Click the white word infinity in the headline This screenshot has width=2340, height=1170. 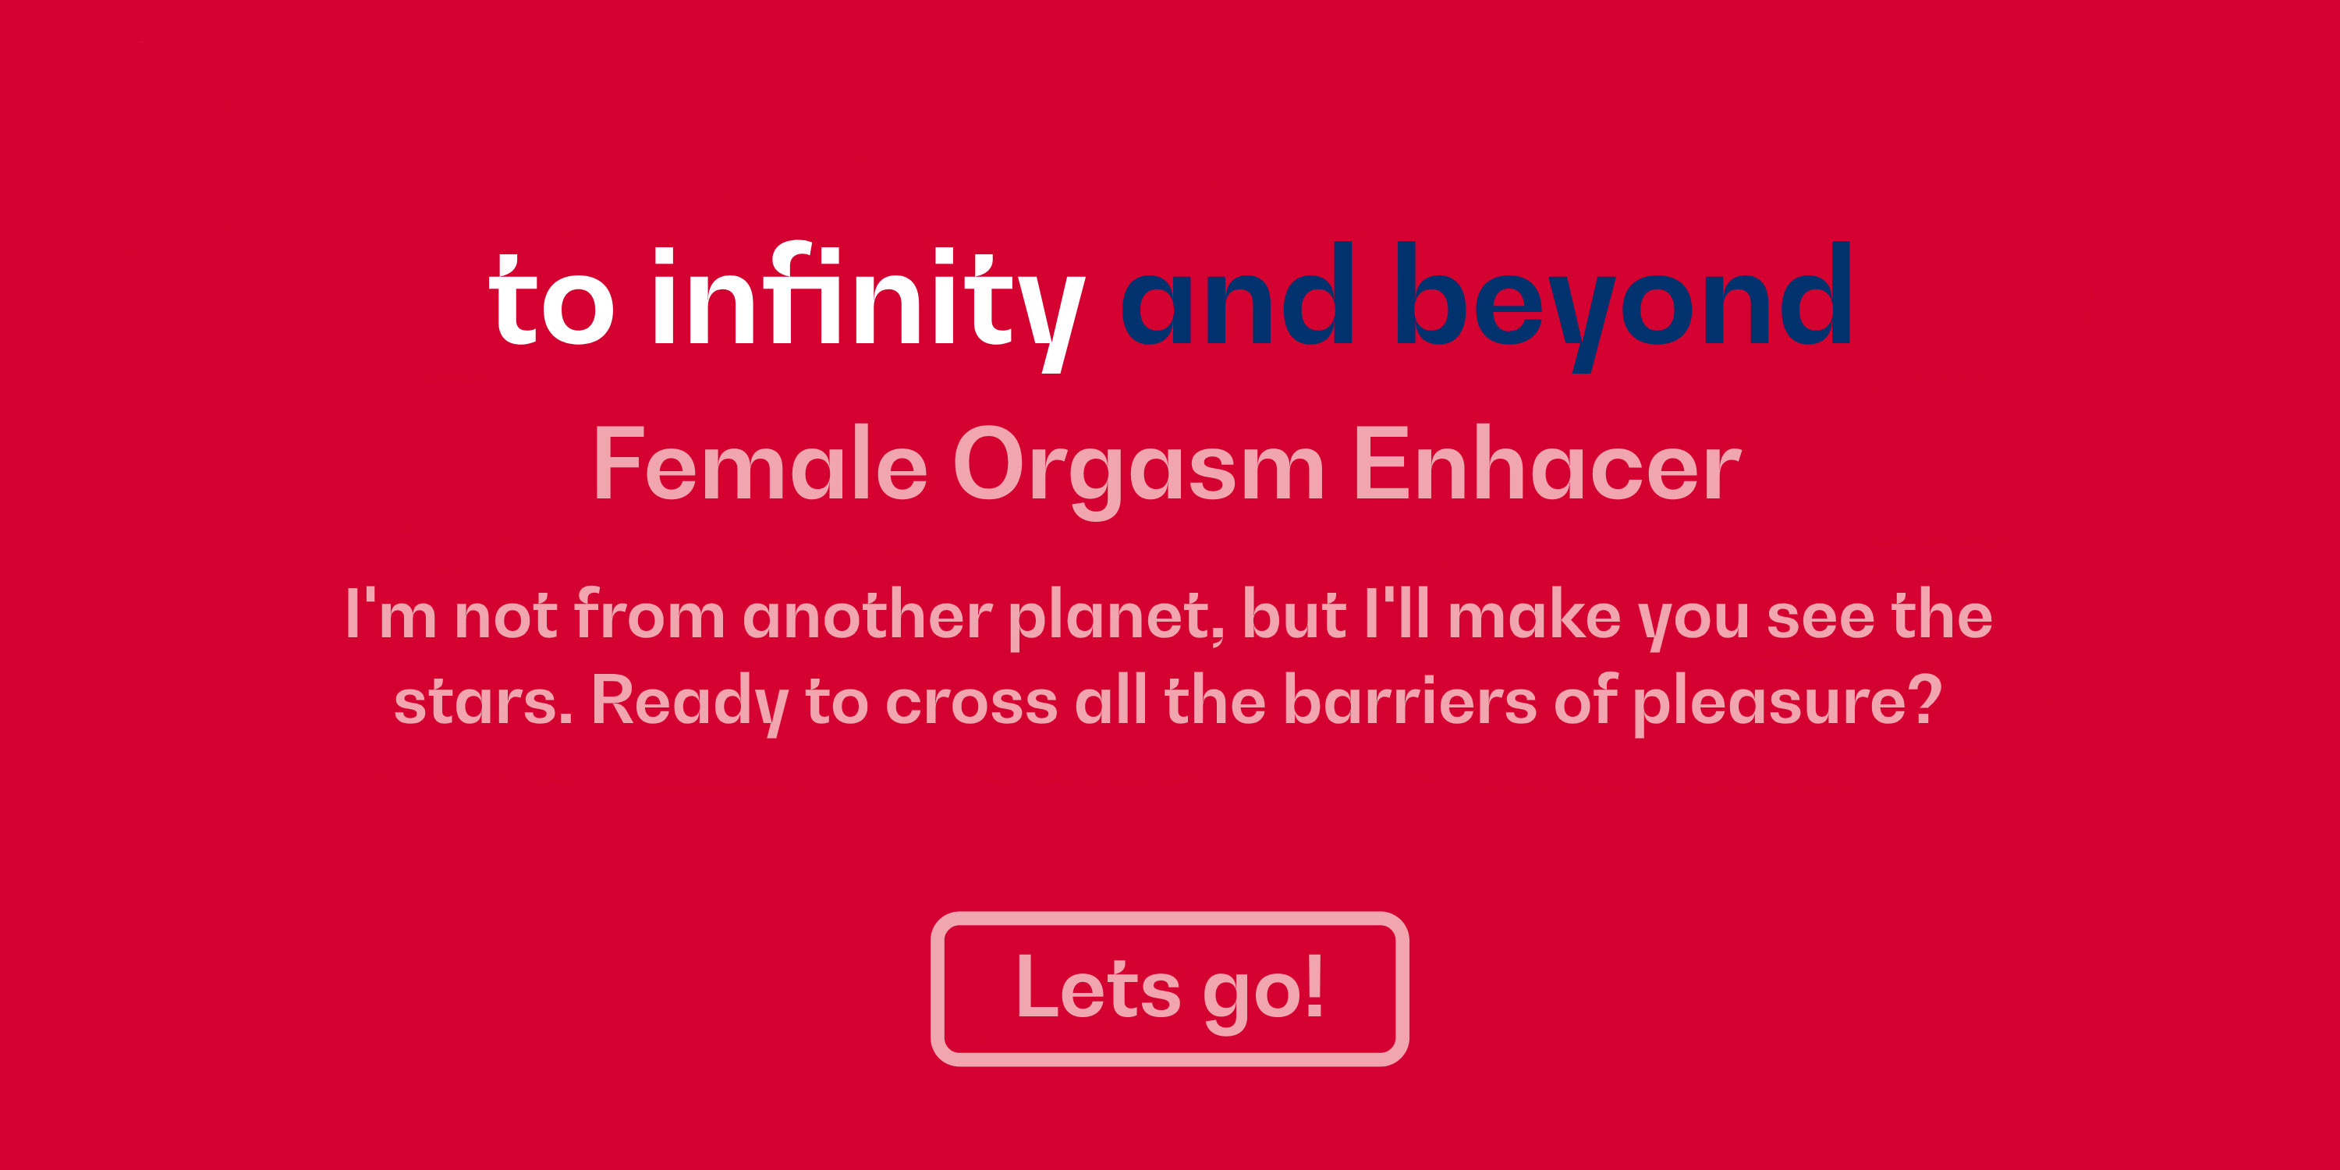867,304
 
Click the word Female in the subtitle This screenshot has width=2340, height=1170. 760,463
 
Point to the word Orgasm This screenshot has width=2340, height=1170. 1138,470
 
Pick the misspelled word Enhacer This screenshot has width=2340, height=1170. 1547,463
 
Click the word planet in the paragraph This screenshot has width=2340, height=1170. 1115,618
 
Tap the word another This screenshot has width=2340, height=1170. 867,613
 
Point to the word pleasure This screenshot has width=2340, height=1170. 1770,705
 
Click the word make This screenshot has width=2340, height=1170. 1534,613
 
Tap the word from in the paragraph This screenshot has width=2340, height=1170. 650,613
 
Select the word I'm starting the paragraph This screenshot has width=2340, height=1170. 392,613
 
